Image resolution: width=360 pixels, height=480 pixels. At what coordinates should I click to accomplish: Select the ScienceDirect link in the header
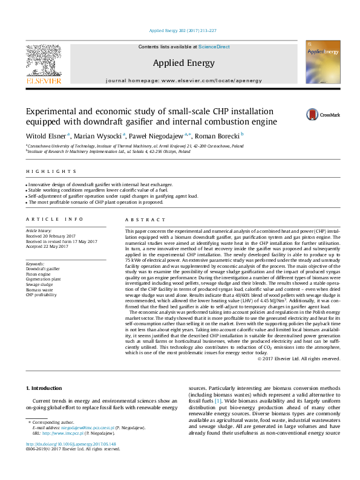coord(214,47)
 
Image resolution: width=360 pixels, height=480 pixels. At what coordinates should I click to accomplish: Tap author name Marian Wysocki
coord(99,136)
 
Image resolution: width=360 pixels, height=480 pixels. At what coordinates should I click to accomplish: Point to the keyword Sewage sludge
coord(39,284)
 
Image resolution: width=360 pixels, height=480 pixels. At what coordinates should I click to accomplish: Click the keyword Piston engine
coord(38,273)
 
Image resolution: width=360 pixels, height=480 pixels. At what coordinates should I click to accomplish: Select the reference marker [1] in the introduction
coord(218,401)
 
